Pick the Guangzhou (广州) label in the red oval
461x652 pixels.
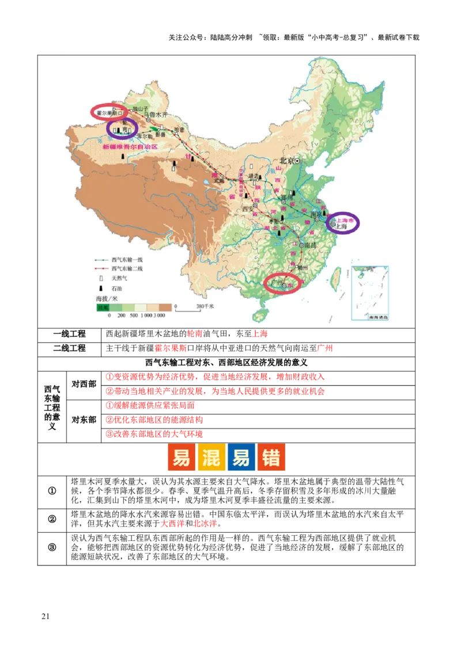tap(277, 283)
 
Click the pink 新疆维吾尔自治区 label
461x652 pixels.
tap(129, 147)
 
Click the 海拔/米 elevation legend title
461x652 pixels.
tap(107, 299)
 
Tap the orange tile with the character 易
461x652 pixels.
tap(181, 458)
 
